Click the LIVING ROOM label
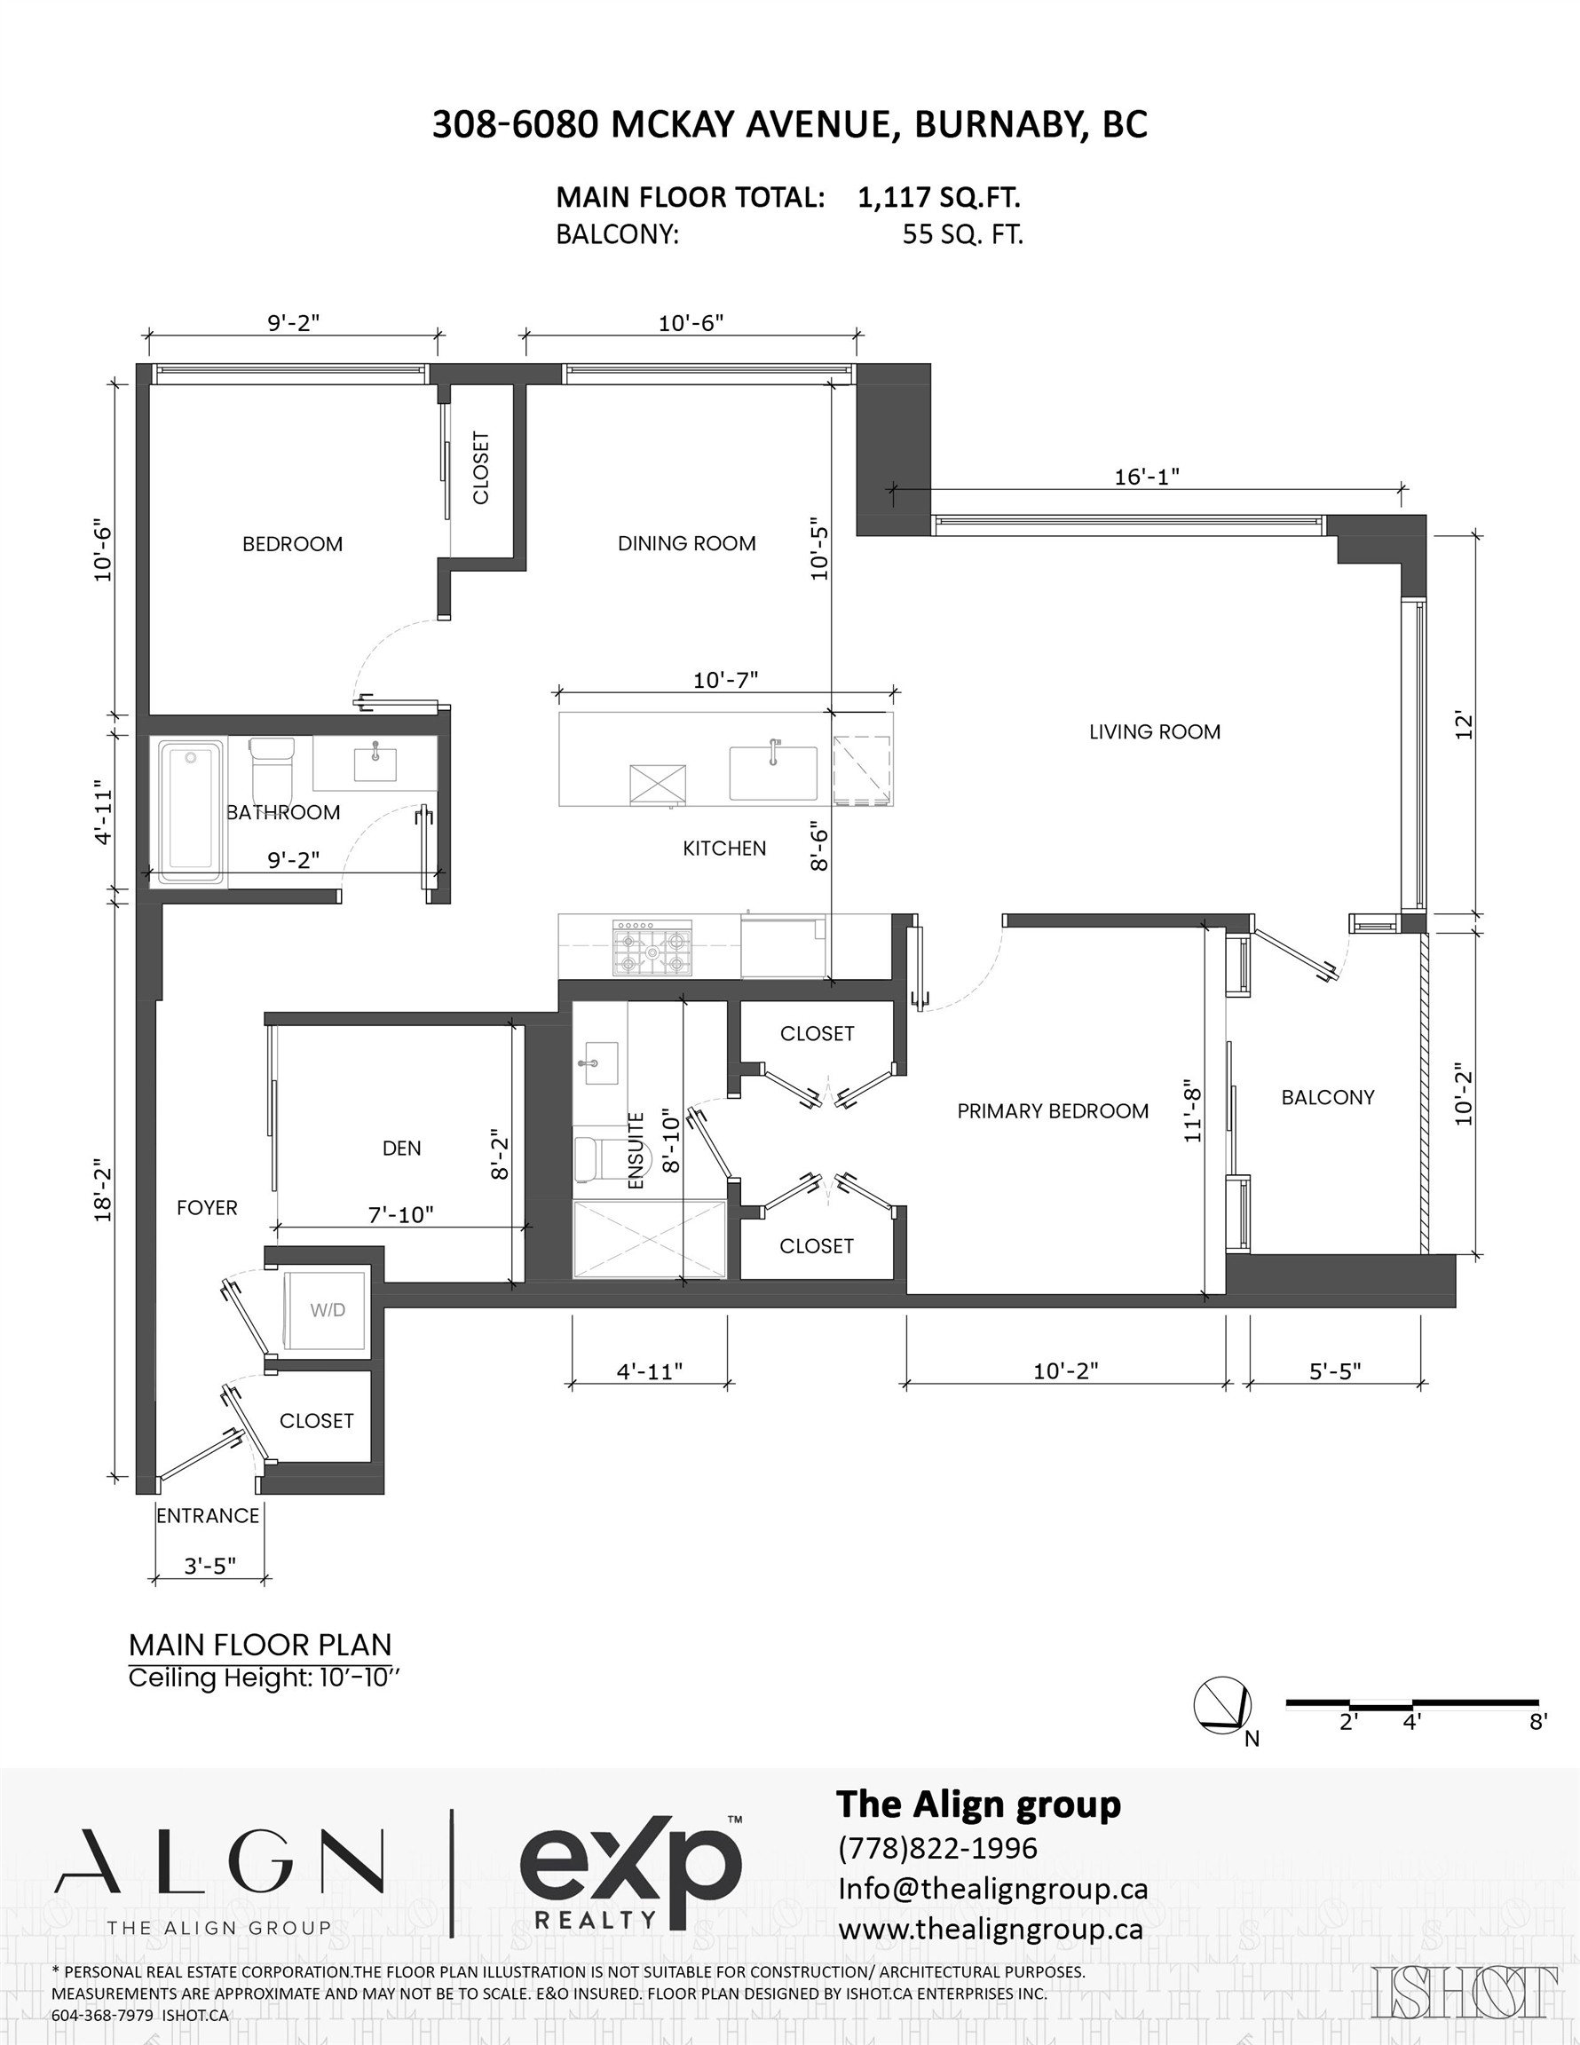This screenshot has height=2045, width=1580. point(1154,732)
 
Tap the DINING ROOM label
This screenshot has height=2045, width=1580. point(686,543)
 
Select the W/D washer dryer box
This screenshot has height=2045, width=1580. point(327,1310)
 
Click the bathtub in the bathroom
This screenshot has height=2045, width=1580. point(191,812)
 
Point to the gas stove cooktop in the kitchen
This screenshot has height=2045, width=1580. point(652,948)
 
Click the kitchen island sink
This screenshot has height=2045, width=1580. point(772,772)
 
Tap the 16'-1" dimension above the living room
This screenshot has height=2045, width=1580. point(1145,477)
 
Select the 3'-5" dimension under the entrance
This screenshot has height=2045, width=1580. point(209,1566)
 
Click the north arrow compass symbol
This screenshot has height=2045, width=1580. point(1222,1704)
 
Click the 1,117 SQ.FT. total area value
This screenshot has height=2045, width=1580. point(938,198)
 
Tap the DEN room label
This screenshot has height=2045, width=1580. point(401,1148)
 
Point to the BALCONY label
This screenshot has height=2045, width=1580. point(1327,1097)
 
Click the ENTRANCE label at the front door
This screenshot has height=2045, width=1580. point(208,1515)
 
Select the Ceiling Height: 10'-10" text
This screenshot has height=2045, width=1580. point(265,1678)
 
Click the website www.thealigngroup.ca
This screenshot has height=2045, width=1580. point(990,1929)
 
